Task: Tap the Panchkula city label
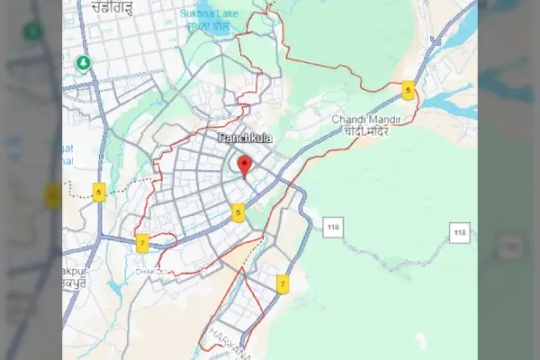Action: [x=245, y=138]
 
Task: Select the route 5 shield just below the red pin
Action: [x=238, y=213]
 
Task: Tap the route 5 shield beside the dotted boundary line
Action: [x=99, y=191]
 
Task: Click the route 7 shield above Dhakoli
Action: [x=142, y=243]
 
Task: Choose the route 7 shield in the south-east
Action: [x=283, y=283]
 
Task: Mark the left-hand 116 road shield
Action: [x=335, y=227]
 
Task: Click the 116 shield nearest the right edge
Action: [x=461, y=233]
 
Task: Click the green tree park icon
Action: [x=83, y=62]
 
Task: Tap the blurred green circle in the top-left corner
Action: [x=33, y=31]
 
